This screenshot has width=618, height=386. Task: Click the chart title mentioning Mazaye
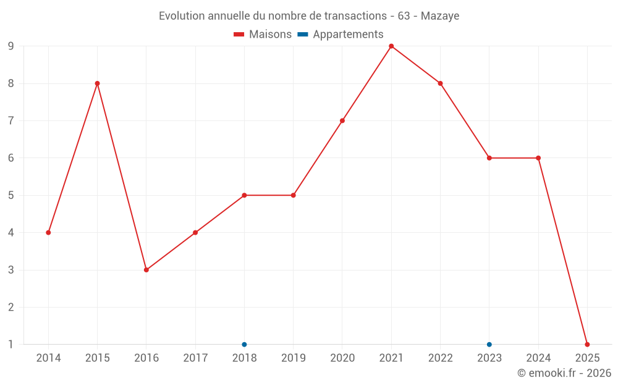pyautogui.click(x=309, y=16)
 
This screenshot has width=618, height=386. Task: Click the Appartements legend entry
pyautogui.click(x=341, y=35)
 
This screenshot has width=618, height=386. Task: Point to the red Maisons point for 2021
pyautogui.click(x=391, y=46)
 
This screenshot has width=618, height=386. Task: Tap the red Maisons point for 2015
pyautogui.click(x=97, y=83)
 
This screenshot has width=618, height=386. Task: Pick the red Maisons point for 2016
pyautogui.click(x=146, y=270)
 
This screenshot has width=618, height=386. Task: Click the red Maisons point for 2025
pyautogui.click(x=587, y=345)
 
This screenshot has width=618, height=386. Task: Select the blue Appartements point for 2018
pyautogui.click(x=244, y=345)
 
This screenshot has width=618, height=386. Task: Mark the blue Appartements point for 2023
pyautogui.click(x=489, y=345)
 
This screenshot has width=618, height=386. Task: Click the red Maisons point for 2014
pyautogui.click(x=48, y=233)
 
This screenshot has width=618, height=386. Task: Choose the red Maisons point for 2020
pyautogui.click(x=342, y=121)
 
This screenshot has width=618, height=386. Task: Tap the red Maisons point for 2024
pyautogui.click(x=538, y=158)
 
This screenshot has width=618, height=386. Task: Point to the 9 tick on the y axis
pyautogui.click(x=11, y=46)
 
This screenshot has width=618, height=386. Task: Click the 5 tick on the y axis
pyautogui.click(x=11, y=195)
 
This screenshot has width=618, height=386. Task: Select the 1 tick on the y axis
pyautogui.click(x=11, y=345)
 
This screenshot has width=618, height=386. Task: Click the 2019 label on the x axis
pyautogui.click(x=294, y=358)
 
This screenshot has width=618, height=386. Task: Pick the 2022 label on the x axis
pyautogui.click(x=440, y=358)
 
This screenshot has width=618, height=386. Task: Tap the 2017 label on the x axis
pyautogui.click(x=195, y=358)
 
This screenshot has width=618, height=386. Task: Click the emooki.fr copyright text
pyautogui.click(x=564, y=373)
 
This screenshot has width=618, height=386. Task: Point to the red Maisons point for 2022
pyautogui.click(x=440, y=83)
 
